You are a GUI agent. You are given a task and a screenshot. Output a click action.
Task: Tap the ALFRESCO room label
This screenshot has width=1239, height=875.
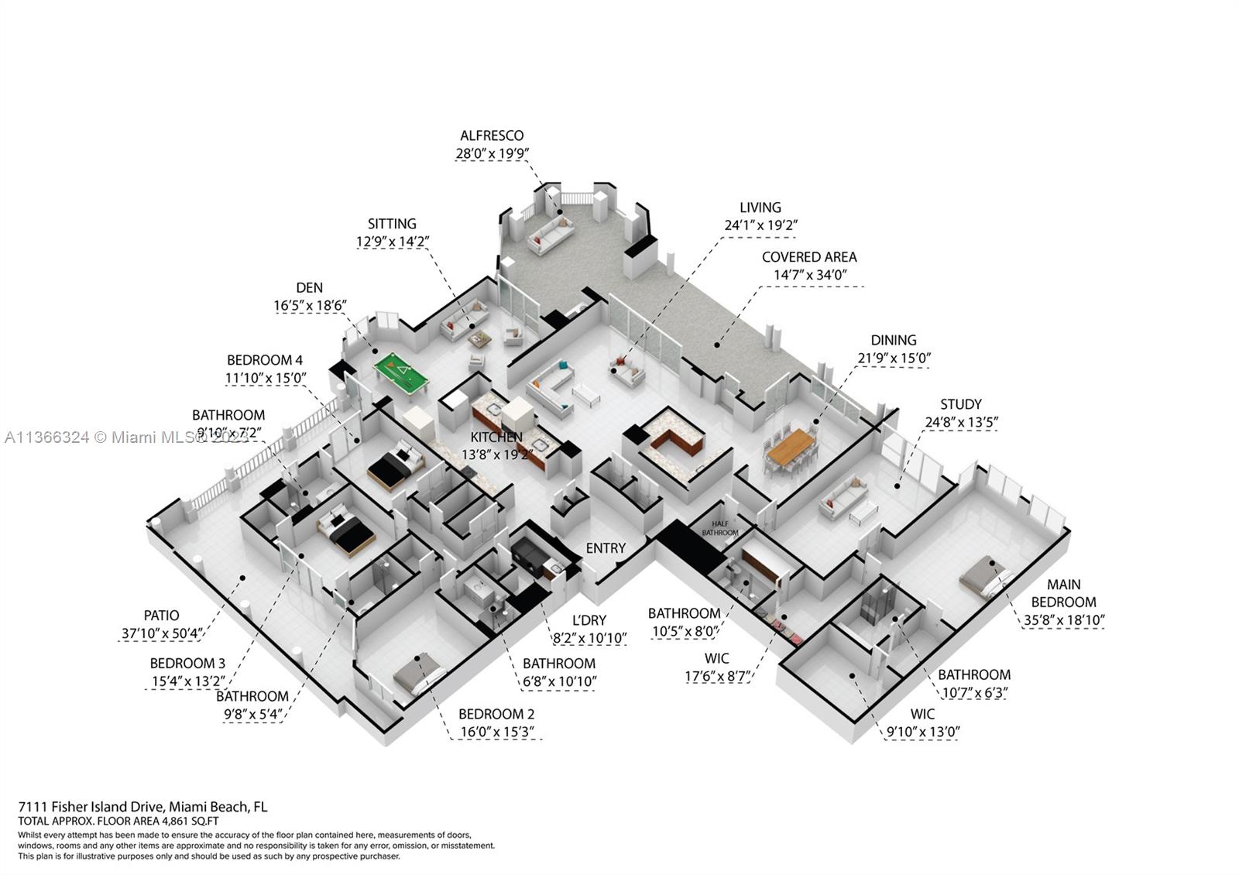tap(492, 136)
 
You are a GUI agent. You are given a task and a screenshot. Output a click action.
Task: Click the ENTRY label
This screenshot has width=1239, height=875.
tap(606, 548)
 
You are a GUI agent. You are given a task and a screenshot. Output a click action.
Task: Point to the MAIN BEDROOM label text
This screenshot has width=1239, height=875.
tap(1063, 593)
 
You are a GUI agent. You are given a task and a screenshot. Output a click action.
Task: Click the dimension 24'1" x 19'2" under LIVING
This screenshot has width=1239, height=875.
tap(760, 225)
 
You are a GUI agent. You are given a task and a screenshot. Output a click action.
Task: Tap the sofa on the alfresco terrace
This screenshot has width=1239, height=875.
tap(551, 235)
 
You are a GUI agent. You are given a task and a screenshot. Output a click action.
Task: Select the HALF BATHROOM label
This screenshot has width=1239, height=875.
tap(719, 528)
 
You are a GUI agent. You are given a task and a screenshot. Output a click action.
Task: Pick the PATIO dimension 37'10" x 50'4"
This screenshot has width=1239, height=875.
tap(162, 633)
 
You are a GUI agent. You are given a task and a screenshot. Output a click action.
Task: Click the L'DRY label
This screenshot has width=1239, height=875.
tap(589, 620)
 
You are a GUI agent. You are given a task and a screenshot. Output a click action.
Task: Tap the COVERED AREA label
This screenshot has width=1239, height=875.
tap(809, 257)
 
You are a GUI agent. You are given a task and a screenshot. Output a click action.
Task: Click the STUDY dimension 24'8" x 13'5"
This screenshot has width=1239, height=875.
tap(961, 422)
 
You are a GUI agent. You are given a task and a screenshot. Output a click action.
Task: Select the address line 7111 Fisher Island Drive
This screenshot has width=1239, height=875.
tap(142, 807)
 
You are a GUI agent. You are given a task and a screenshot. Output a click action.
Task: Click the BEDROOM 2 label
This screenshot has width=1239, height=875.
tap(496, 714)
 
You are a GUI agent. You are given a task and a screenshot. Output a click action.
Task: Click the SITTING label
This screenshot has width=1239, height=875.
tap(392, 224)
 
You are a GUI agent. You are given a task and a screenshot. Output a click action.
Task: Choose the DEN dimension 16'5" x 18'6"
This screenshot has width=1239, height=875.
tap(309, 306)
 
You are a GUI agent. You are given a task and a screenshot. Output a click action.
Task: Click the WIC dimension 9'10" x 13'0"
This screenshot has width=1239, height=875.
tap(922, 732)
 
